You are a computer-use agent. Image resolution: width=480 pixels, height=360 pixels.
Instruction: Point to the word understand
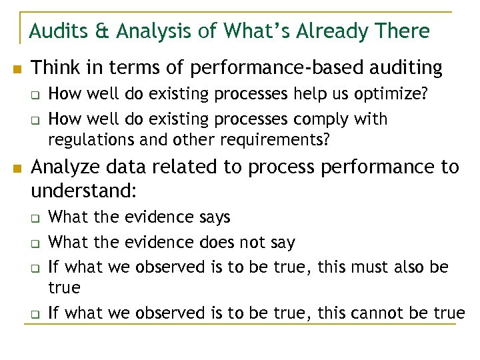click(x=84, y=193)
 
